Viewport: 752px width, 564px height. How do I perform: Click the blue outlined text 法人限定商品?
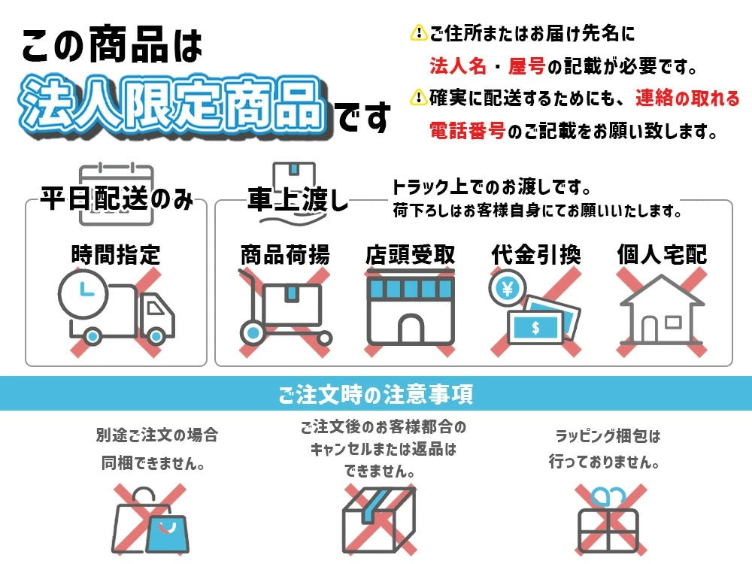click(x=174, y=107)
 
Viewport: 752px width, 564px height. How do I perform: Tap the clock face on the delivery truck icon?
click(x=83, y=293)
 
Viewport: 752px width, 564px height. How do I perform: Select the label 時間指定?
click(x=116, y=255)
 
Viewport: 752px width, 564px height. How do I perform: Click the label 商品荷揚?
click(x=285, y=255)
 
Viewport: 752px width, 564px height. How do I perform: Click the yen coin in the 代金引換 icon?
click(x=507, y=289)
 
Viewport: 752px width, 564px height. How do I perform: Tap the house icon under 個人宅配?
click(x=662, y=310)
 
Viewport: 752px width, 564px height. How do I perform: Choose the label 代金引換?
click(x=536, y=255)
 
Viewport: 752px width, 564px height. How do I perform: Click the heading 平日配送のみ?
click(x=117, y=199)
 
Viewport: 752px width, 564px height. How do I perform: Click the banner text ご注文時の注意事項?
click(x=375, y=394)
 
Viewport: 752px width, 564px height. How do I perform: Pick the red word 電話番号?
click(x=467, y=131)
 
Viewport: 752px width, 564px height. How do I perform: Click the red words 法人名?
click(x=457, y=66)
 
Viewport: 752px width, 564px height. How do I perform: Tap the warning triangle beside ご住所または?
click(x=419, y=33)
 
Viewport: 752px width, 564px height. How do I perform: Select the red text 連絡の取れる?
click(x=688, y=99)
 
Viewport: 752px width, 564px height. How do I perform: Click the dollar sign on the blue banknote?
click(x=535, y=328)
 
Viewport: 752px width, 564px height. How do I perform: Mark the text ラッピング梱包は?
click(x=608, y=436)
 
